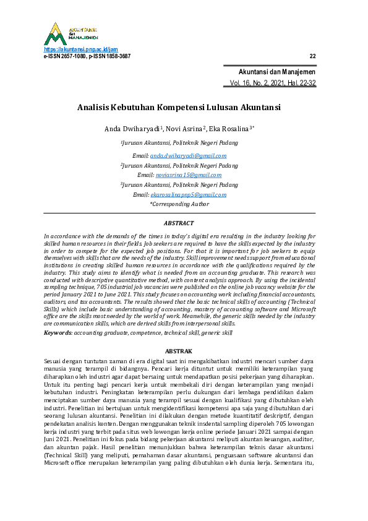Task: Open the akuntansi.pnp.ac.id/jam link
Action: coord(80,50)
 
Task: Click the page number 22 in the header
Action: coord(312,56)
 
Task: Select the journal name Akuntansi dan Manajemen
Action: coord(277,72)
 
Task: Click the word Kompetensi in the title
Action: coord(183,107)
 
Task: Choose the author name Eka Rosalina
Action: coord(230,129)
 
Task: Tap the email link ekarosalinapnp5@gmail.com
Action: coord(188,194)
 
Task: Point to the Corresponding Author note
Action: coord(179,204)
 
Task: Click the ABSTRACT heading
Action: coord(179,223)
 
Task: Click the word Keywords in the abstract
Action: coord(58,333)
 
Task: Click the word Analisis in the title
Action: coord(92,107)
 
